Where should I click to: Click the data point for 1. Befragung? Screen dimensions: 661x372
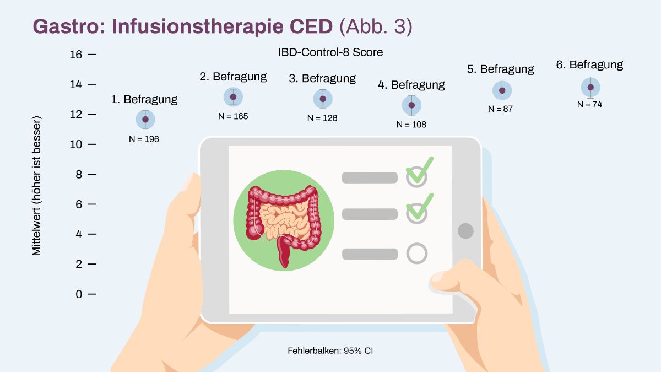pyautogui.click(x=145, y=119)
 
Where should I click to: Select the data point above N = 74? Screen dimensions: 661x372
pyautogui.click(x=590, y=88)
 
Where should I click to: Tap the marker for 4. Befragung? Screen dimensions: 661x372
pyautogui.click(x=411, y=105)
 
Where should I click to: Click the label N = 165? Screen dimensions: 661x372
pyautogui.click(x=233, y=116)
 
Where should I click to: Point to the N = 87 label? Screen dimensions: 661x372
pyautogui.click(x=500, y=109)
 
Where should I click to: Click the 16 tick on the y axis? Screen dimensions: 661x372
pyautogui.click(x=76, y=55)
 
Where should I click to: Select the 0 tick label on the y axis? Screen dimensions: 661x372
pyautogui.click(x=79, y=294)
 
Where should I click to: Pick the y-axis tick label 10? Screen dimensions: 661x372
pyautogui.click(x=76, y=144)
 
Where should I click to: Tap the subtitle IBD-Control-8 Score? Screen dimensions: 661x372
pyautogui.click(x=330, y=52)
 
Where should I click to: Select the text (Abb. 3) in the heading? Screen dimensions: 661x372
pyautogui.click(x=376, y=27)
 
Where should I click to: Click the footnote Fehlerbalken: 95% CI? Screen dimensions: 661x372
pyautogui.click(x=330, y=351)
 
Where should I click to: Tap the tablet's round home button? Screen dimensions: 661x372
pyautogui.click(x=465, y=231)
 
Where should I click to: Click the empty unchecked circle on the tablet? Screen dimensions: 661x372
pyautogui.click(x=416, y=254)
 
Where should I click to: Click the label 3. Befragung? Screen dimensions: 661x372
pyautogui.click(x=322, y=78)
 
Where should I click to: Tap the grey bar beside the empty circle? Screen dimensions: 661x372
pyautogui.click(x=370, y=254)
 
